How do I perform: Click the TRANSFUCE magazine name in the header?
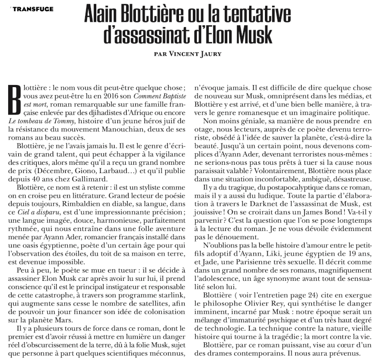point(33,9)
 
